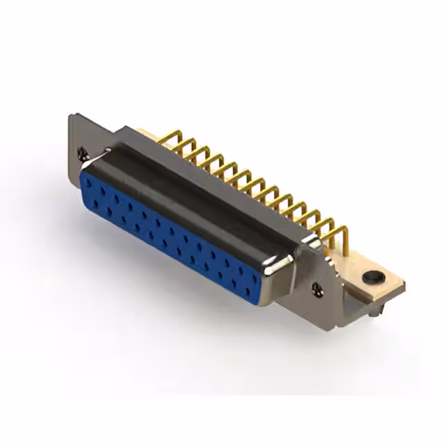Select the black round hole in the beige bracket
point(372,277)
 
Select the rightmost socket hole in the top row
point(255,272)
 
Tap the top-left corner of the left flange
point(71,116)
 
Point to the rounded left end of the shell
point(87,166)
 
